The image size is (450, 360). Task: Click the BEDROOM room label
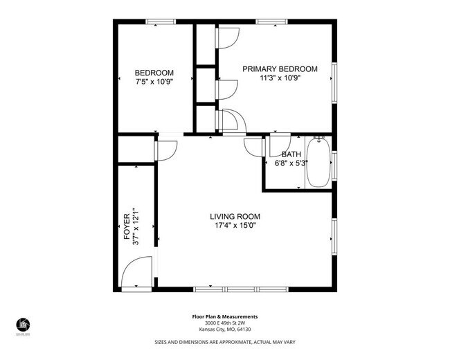coord(154,73)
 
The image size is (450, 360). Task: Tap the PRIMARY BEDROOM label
coord(280,69)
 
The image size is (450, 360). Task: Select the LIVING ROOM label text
coord(235,217)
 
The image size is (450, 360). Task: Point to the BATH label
coord(291,154)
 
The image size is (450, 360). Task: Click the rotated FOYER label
coord(127,227)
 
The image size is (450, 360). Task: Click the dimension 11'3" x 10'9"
coord(280,78)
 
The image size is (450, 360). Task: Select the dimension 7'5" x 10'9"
coord(154,82)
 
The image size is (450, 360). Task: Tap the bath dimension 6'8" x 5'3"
coord(291,163)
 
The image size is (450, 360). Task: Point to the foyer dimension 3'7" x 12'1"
coord(136,227)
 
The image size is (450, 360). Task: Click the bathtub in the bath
coord(318,163)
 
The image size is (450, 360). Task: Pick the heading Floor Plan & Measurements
coord(224,317)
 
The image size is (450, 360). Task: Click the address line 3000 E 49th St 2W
coord(224,323)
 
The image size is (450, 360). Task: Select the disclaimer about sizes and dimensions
coord(224,341)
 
